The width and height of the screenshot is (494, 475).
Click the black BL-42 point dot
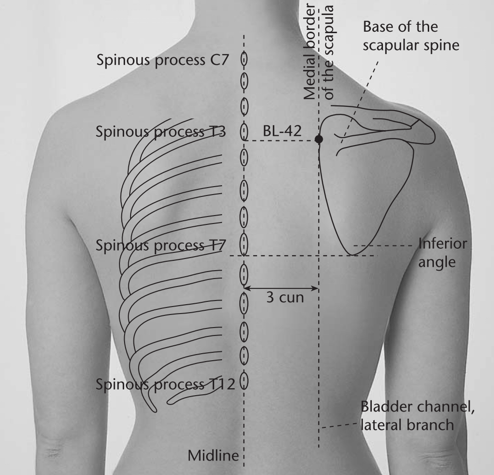[x=319, y=139]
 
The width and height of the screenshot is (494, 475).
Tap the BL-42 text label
[x=282, y=131]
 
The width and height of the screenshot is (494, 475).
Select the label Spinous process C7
[x=162, y=60]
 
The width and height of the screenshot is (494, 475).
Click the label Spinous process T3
[x=160, y=132]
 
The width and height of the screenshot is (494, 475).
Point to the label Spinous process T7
[x=160, y=245]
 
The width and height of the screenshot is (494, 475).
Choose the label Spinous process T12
[x=165, y=384]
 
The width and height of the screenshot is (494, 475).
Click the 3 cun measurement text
[x=285, y=298]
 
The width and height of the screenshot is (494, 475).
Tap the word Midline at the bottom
[x=213, y=455]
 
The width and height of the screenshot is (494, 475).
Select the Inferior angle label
[x=442, y=253]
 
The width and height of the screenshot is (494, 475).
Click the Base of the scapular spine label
[x=411, y=35]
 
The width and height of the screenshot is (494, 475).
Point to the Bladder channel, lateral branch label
[x=417, y=416]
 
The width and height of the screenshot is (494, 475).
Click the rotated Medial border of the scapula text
[x=318, y=52]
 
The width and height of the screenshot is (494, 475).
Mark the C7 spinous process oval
[x=244, y=59]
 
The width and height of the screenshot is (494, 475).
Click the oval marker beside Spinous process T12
[x=244, y=381]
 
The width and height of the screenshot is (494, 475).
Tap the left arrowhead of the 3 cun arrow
[x=245, y=288]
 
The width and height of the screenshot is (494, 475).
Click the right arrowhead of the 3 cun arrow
[x=317, y=288]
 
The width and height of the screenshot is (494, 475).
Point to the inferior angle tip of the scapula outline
[x=353, y=255]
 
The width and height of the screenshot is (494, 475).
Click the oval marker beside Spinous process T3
[x=244, y=132]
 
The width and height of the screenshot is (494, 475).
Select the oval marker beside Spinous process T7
[x=244, y=244]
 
